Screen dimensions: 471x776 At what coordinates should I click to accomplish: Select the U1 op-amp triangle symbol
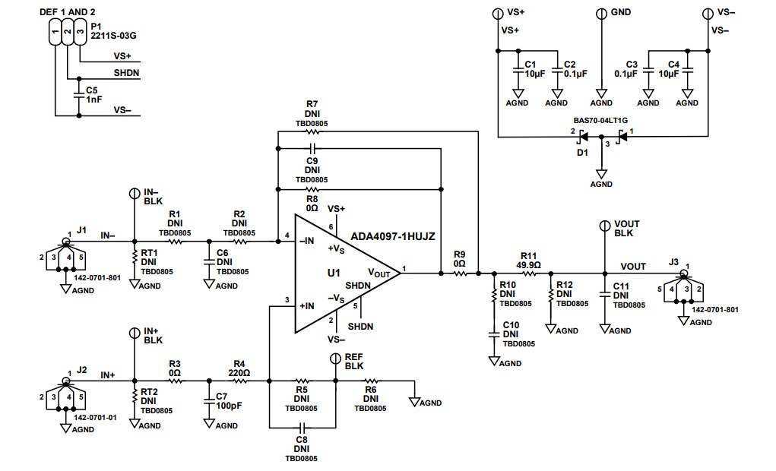pyautogui.click(x=342, y=273)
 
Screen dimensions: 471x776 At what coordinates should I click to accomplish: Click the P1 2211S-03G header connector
pyautogui.click(x=67, y=34)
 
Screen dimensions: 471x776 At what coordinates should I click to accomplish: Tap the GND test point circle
pyautogui.click(x=601, y=13)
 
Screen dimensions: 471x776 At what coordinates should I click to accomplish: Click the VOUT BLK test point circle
pyautogui.click(x=605, y=226)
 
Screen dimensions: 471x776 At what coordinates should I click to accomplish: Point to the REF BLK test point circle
pyautogui.click(x=335, y=358)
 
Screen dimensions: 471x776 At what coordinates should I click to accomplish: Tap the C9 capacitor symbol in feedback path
pyautogui.click(x=312, y=148)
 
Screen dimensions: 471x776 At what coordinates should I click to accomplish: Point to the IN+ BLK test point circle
pyautogui.click(x=134, y=332)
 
